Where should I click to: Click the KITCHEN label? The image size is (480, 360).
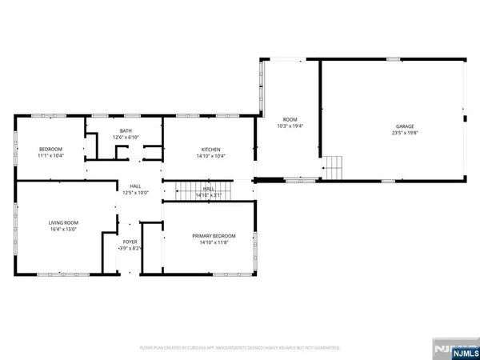tap(210, 150)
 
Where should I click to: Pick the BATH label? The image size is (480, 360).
tap(126, 130)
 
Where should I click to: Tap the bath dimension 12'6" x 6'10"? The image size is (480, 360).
tap(126, 138)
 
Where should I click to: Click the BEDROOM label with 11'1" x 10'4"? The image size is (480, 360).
tap(51, 150)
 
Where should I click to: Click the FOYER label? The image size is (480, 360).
tap(130, 242)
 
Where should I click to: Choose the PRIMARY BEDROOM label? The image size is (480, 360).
tap(214, 235)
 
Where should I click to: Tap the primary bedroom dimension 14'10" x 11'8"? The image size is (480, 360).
tap(214, 242)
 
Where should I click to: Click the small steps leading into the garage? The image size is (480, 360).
tap(333, 168)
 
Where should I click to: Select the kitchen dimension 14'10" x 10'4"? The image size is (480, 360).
tap(210, 157)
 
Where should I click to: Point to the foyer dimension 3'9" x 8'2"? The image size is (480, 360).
tap(130, 249)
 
